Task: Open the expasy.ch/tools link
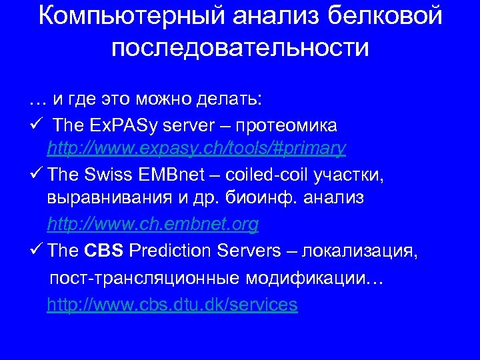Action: click(x=197, y=149)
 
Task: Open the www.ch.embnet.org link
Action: click(x=153, y=225)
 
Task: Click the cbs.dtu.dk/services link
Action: click(x=172, y=305)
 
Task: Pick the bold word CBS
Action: click(x=103, y=251)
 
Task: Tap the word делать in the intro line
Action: click(x=229, y=100)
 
